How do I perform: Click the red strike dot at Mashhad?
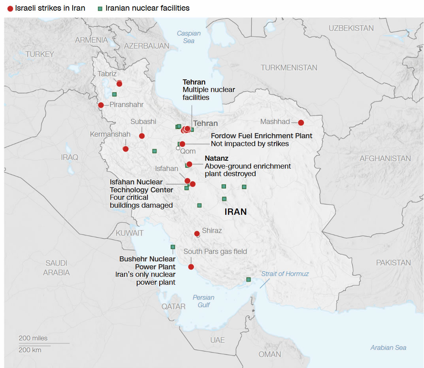[301, 122]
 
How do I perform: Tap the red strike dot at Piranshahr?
[101, 105]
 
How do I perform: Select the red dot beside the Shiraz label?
[197, 233]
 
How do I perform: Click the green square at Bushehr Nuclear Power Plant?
[173, 247]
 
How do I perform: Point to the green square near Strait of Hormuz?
[248, 280]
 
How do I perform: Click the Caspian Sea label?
[188, 37]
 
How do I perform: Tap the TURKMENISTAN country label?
[289, 68]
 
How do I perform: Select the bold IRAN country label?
[236, 212]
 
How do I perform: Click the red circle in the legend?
[10, 9]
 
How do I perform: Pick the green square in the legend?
[101, 9]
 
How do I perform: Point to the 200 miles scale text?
[33, 338]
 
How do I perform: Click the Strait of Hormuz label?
[285, 274]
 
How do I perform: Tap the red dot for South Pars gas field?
[191, 267]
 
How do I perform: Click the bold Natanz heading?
[217, 158]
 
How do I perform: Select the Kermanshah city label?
[110, 134]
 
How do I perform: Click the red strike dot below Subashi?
[142, 136]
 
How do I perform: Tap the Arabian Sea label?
[388, 347]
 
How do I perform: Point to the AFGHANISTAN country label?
[385, 158]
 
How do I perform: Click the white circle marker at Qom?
[178, 148]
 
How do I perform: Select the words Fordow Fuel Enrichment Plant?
[262, 136]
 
